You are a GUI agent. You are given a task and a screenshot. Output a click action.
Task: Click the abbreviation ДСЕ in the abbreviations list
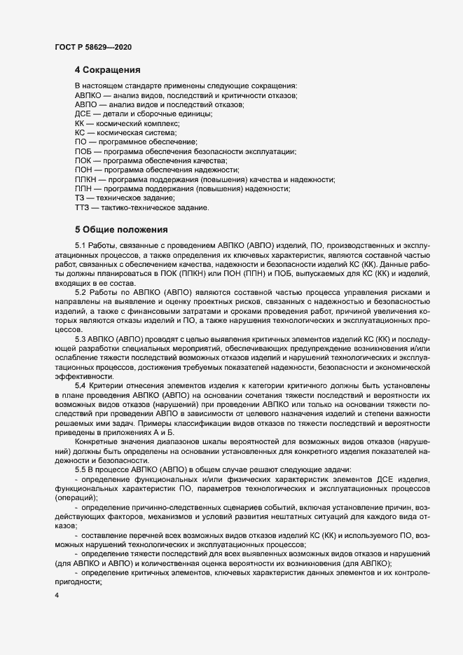[83, 113]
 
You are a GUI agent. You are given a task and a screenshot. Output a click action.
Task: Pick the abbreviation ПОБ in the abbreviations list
[83, 151]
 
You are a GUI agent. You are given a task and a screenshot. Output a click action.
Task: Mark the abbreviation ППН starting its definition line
[84, 189]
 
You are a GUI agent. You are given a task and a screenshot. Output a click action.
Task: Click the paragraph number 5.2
[80, 291]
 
